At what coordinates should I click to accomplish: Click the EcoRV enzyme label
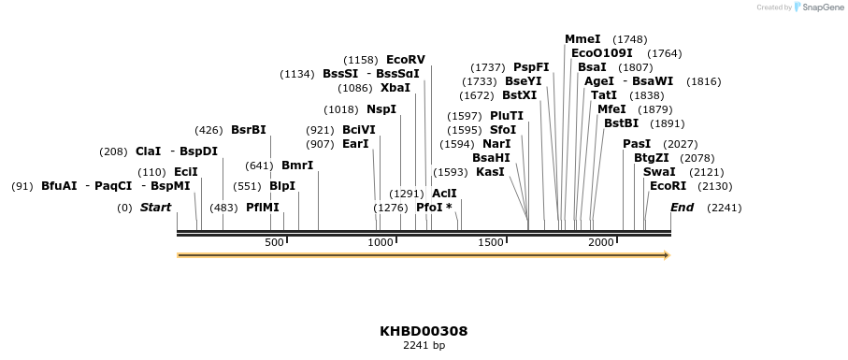click(x=405, y=60)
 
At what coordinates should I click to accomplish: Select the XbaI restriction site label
click(x=395, y=88)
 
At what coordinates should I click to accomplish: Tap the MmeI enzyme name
click(x=582, y=39)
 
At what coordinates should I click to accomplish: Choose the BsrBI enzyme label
click(x=249, y=130)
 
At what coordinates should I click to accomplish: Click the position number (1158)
click(x=361, y=60)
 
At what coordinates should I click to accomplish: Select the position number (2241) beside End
click(x=725, y=208)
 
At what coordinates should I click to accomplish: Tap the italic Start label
click(x=155, y=208)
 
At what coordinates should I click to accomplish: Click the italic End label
click(x=682, y=208)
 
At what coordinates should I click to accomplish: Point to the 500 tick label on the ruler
click(x=274, y=243)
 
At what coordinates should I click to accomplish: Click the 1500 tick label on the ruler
click(x=491, y=243)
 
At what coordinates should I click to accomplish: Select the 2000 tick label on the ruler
click(x=600, y=243)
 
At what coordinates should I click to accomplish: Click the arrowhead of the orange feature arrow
click(x=667, y=255)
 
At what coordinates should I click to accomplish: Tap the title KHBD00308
click(x=424, y=331)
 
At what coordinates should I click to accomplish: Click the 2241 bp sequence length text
click(x=424, y=345)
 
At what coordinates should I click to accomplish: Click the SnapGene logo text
click(x=820, y=7)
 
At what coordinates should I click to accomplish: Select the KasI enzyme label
click(x=490, y=172)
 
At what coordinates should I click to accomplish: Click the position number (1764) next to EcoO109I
click(x=665, y=53)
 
